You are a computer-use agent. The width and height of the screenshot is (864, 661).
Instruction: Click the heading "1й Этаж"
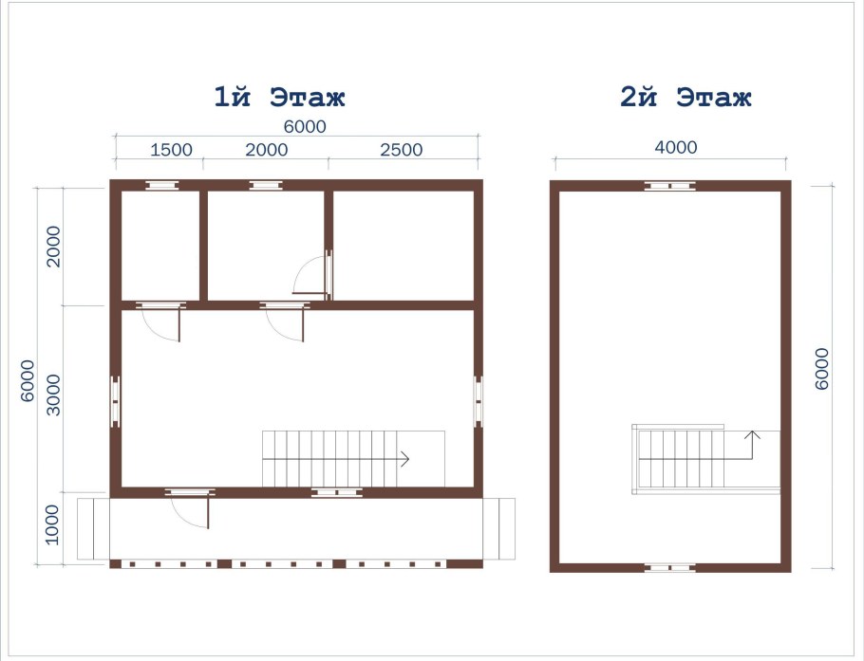point(279,97)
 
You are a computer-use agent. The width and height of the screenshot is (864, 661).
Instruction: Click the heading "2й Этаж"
point(686,97)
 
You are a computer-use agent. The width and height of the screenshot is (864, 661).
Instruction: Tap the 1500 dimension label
point(171,150)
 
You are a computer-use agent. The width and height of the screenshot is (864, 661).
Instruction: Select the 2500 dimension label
point(401,150)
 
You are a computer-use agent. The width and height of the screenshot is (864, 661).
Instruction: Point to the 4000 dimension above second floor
point(676,148)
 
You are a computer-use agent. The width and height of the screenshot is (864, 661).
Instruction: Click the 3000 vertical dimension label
point(53,395)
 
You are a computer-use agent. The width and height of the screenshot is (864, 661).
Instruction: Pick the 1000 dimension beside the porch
point(52,524)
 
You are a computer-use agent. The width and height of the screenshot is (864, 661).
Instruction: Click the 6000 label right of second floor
point(821,369)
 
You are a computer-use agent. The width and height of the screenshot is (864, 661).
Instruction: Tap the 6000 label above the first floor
point(305,126)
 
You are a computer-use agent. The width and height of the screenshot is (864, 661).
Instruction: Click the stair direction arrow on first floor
point(335,458)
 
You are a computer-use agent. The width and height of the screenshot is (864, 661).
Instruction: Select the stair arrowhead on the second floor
point(752,435)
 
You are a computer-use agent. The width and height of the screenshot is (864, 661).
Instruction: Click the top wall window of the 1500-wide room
point(161,186)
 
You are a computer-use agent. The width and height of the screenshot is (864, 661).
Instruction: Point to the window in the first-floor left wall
point(115,402)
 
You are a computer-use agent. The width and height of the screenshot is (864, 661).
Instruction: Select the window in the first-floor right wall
point(478,402)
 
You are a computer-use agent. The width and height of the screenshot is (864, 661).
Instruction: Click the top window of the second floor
point(669,186)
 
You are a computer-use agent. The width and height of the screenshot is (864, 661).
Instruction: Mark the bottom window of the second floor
point(669,568)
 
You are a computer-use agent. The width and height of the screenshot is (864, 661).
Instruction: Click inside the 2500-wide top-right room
point(404,246)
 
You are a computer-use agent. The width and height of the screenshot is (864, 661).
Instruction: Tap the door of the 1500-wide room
point(160,322)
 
